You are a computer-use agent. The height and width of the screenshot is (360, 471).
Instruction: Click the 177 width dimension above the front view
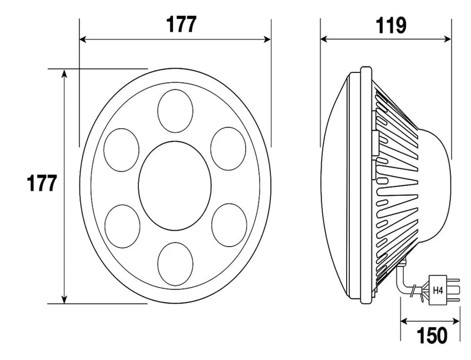(x=181, y=24)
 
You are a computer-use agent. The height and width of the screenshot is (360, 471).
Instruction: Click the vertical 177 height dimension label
(x=42, y=183)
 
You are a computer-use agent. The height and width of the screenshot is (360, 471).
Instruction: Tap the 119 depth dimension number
(x=391, y=25)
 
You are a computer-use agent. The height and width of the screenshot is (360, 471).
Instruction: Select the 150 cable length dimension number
(x=432, y=335)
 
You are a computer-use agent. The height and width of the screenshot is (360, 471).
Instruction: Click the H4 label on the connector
(x=437, y=291)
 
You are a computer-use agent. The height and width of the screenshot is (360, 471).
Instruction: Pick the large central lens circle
(x=175, y=186)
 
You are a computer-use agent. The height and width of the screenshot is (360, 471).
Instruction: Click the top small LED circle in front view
(x=175, y=111)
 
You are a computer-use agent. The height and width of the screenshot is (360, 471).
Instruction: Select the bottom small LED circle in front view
(x=175, y=264)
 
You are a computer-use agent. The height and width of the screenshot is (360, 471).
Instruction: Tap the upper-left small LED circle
(x=121, y=150)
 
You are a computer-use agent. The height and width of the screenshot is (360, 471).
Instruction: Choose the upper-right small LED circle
(x=228, y=149)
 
